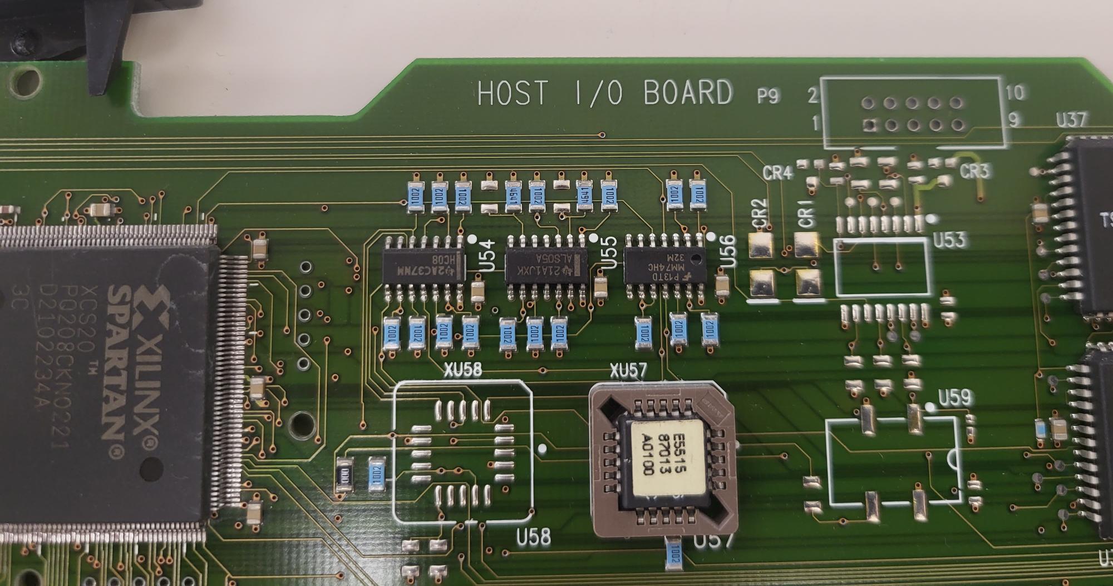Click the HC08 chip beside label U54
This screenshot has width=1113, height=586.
(x=423, y=267)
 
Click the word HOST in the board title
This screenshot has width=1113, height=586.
(x=513, y=93)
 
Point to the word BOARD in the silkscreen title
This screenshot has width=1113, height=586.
(x=688, y=92)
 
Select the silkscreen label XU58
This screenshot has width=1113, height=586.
(x=462, y=370)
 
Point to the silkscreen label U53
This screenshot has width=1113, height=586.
(x=949, y=240)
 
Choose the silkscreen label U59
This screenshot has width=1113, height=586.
(x=955, y=397)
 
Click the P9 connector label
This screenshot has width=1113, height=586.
(x=767, y=96)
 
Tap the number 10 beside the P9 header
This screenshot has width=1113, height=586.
(x=1015, y=92)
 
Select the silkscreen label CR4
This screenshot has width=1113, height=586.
(x=777, y=173)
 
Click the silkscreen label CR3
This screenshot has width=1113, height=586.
(x=974, y=171)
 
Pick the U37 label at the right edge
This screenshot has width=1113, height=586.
(x=1071, y=120)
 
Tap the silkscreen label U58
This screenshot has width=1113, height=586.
(x=533, y=537)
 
